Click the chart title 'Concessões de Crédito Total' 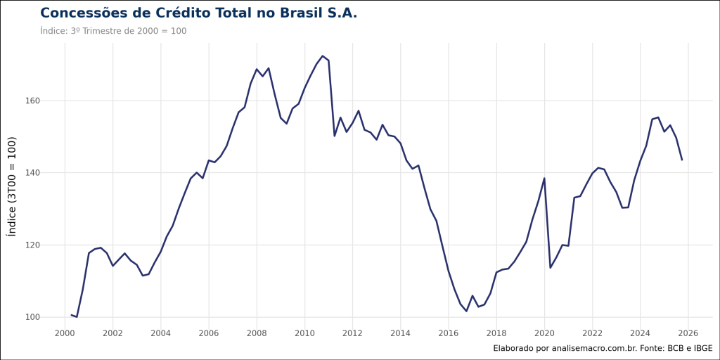(198, 13)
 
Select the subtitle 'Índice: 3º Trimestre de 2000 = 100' (113, 31)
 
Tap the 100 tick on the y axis (32, 317)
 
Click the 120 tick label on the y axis (32, 245)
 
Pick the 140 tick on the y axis (32, 173)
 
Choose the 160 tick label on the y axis (32, 101)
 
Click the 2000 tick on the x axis (65, 333)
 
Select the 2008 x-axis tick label (257, 333)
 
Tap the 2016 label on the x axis (449, 333)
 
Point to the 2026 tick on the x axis (688, 333)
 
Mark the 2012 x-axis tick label (352, 333)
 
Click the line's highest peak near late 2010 (322, 56)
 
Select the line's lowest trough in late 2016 (466, 311)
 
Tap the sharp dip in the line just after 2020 (550, 267)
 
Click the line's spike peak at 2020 (544, 178)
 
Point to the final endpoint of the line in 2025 (682, 160)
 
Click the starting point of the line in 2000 (71, 315)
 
